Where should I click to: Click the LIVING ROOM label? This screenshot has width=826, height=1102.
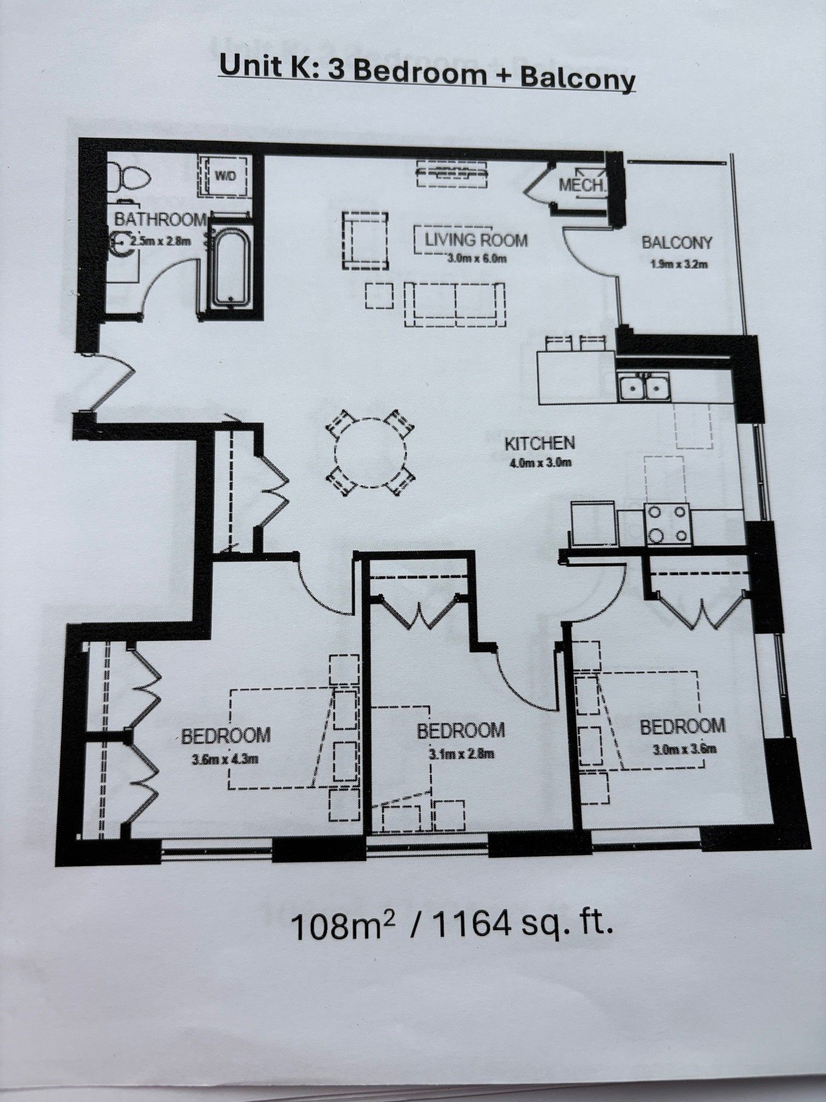(x=476, y=239)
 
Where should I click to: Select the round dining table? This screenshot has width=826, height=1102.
(x=370, y=453)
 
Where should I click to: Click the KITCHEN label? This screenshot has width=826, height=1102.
(x=539, y=443)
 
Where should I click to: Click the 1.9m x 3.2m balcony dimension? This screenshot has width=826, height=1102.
(x=679, y=265)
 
